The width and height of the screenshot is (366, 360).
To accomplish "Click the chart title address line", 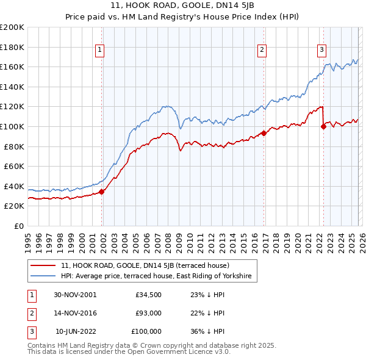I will [x=182, y=5].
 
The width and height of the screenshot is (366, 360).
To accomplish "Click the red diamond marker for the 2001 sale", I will [x=102, y=192].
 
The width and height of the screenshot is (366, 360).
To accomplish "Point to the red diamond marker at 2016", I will [x=264, y=133].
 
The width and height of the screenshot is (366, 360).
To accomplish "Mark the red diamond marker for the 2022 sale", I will [x=323, y=126].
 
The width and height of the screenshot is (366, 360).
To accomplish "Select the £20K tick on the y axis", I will [x=14, y=206].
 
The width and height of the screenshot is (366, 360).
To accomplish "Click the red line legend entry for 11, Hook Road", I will [x=145, y=265].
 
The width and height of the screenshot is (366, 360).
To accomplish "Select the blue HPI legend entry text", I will [x=159, y=276].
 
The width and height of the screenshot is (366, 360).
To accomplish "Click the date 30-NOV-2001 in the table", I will [x=75, y=295].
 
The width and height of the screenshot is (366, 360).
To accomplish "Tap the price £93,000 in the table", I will [x=148, y=313].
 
